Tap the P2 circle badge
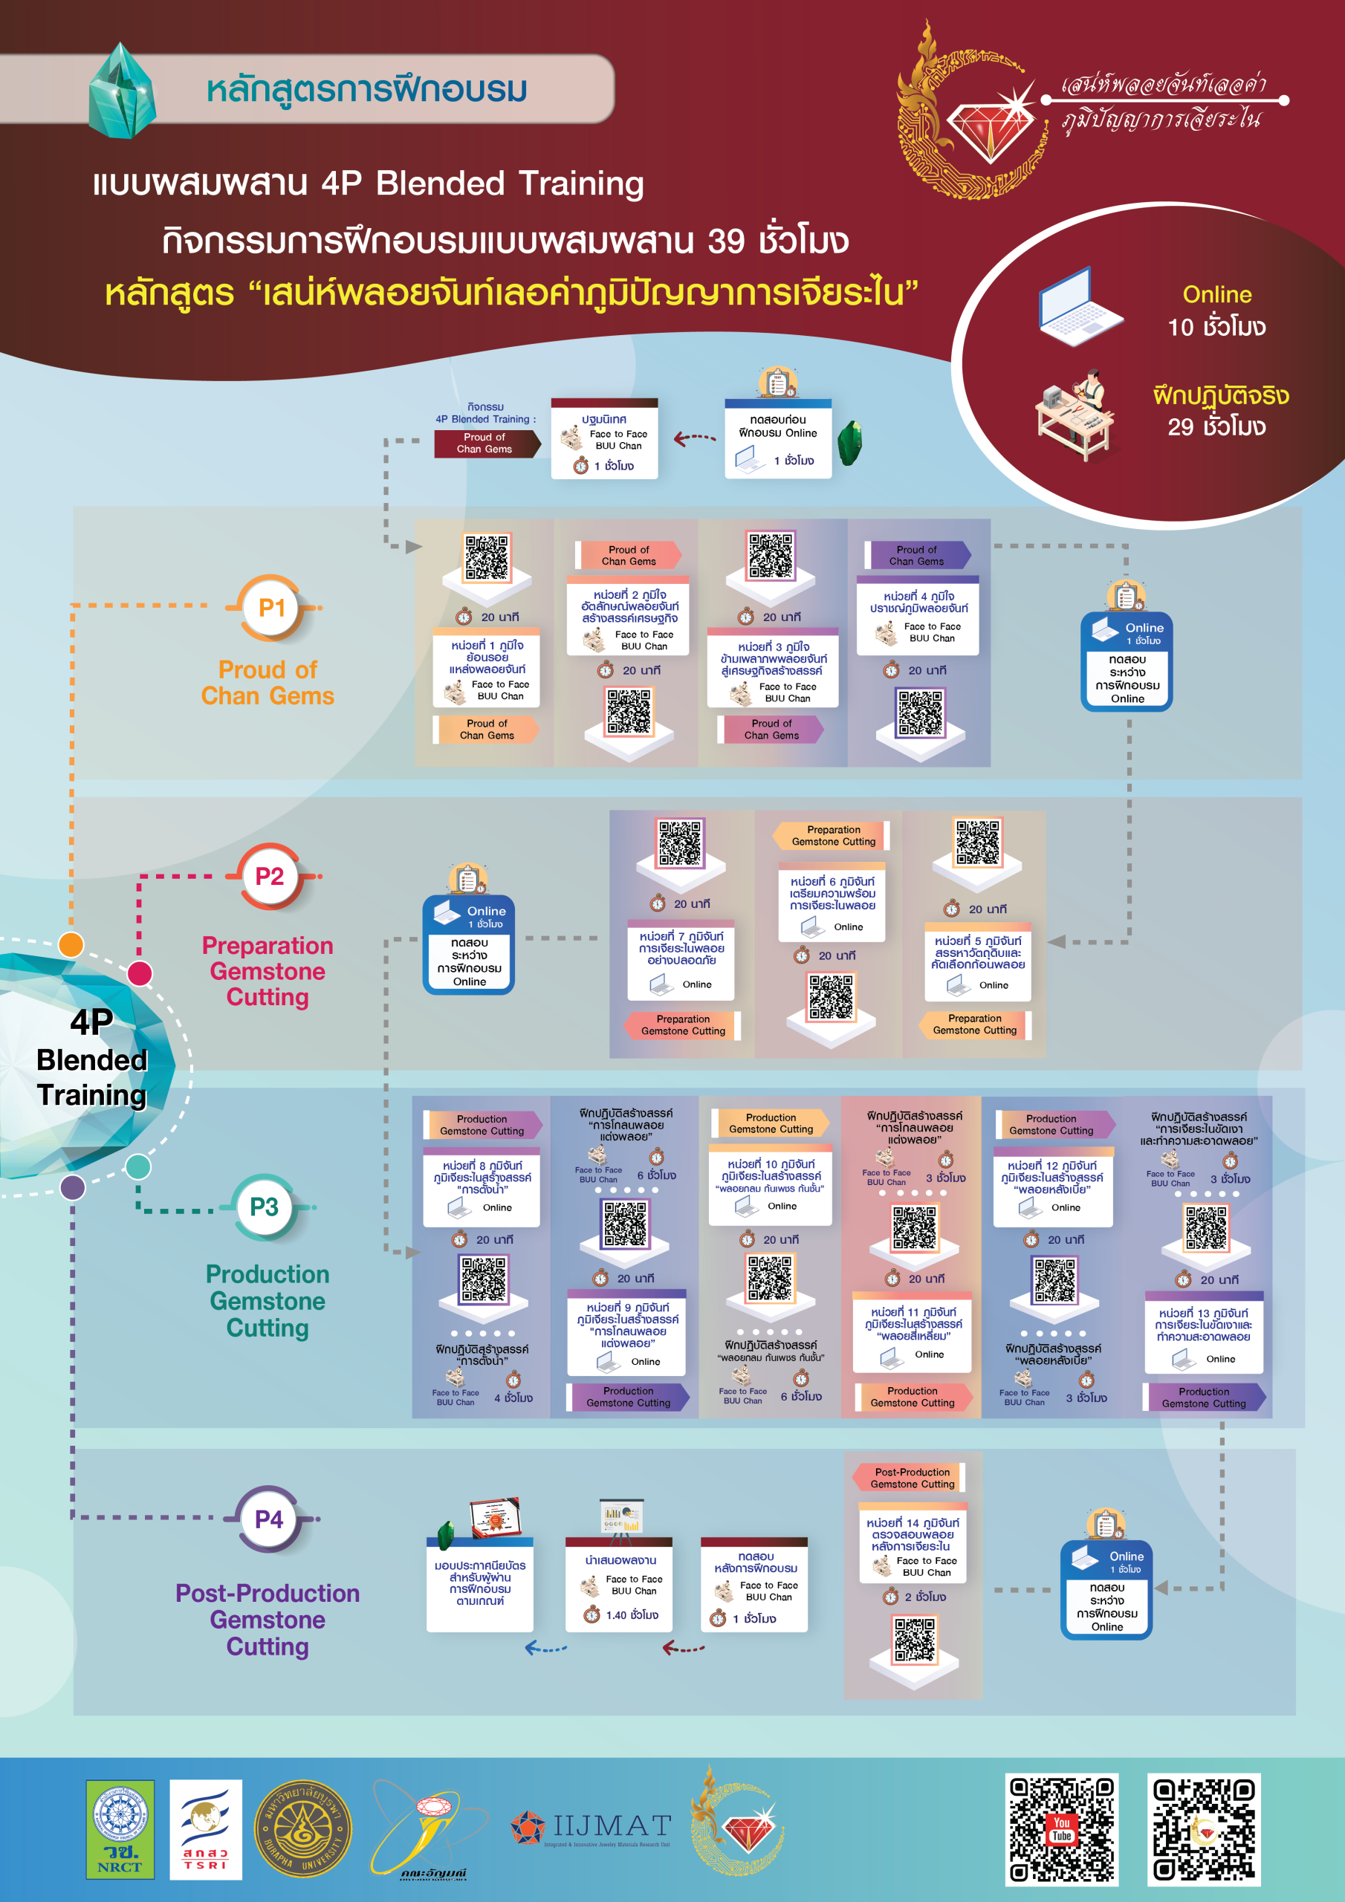(x=269, y=877)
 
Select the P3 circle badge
(x=265, y=1207)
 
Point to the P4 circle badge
(x=268, y=1519)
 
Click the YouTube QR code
(x=1062, y=1829)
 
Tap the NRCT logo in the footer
(x=120, y=1828)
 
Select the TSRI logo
(x=206, y=1828)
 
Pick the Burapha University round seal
(x=302, y=1828)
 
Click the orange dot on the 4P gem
(x=71, y=944)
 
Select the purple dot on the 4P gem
(x=73, y=1187)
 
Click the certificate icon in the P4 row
(x=494, y=1519)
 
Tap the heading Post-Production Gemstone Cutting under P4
(x=268, y=1620)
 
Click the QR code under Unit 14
(x=914, y=1641)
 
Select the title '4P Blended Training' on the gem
(x=92, y=1059)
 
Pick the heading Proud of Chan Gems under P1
(x=268, y=683)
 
